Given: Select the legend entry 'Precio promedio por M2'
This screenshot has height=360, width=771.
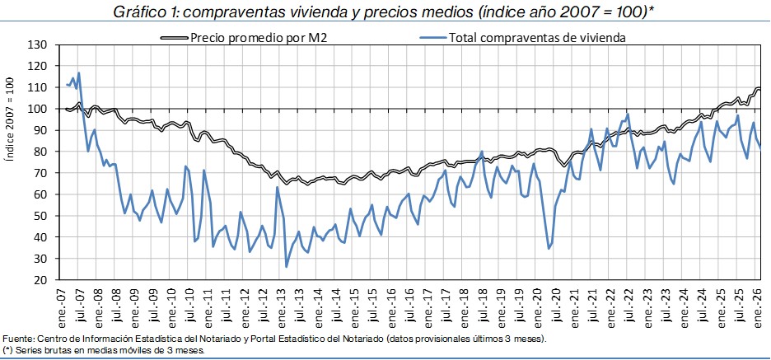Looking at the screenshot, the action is [x=258, y=37].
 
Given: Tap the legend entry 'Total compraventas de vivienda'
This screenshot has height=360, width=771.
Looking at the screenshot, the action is [x=536, y=37].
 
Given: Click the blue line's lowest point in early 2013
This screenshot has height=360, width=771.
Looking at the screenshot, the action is [x=286, y=267].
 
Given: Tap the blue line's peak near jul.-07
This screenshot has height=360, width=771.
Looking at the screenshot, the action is [x=79, y=72].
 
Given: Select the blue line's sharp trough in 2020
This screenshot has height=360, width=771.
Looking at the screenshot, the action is [x=549, y=248].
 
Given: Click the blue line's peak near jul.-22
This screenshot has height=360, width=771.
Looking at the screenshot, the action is [x=628, y=115].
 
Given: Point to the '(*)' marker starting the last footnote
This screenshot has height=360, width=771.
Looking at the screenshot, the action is [x=7, y=350].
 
